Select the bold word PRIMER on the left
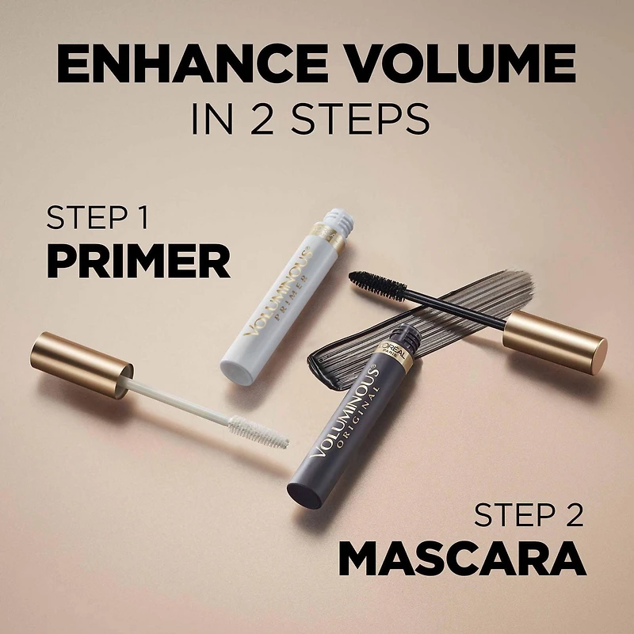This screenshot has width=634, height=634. click(138, 261)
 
